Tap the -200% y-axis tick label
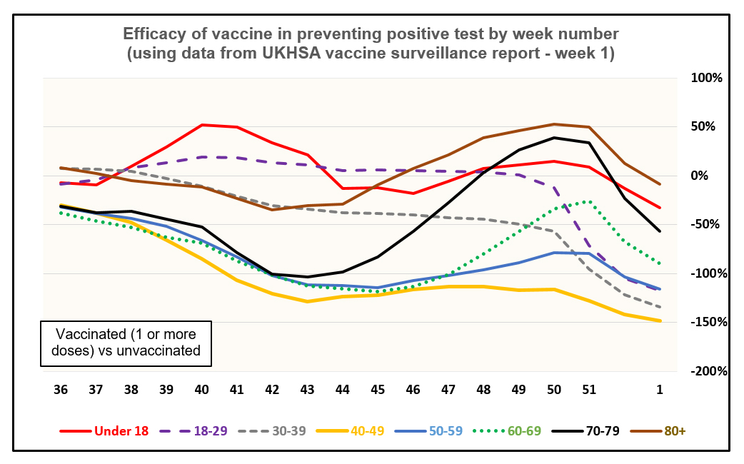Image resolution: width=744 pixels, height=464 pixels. coord(708,371)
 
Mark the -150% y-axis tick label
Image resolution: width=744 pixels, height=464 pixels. coord(708,322)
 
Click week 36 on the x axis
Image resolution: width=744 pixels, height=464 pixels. coord(61,390)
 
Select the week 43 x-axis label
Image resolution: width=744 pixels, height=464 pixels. coord(306,390)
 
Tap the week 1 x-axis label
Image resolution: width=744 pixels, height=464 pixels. coord(660,390)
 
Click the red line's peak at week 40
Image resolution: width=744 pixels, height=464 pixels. coord(202,125)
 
